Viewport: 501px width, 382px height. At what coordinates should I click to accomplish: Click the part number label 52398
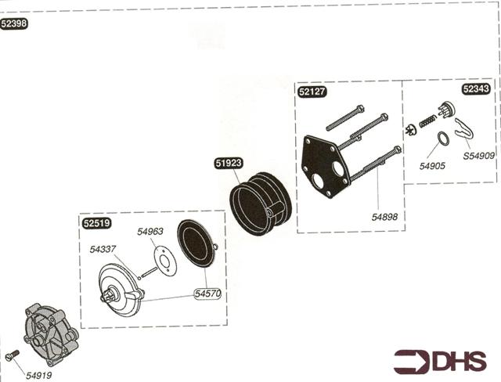[15, 24]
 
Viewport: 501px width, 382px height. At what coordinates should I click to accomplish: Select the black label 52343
[477, 89]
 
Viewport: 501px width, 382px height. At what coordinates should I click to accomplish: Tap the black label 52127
[312, 92]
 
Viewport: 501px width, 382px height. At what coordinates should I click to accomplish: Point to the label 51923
[229, 164]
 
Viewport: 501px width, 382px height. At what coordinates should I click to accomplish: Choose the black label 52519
[96, 222]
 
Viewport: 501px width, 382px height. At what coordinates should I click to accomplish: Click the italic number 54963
[150, 232]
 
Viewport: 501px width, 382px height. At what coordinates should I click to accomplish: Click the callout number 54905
[432, 166]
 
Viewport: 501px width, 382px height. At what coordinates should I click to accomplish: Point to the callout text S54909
[478, 156]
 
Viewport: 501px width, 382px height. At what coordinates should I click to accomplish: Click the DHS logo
[440, 361]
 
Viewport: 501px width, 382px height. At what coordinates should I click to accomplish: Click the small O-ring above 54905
[442, 140]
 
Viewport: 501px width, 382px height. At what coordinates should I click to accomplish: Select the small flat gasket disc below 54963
[162, 258]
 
